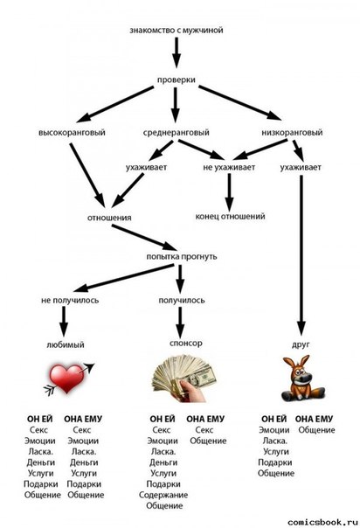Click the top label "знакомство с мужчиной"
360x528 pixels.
point(177,31)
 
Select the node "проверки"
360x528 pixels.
point(177,80)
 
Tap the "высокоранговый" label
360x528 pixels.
point(72,132)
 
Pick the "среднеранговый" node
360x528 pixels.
point(176,132)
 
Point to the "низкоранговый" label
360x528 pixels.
point(292,132)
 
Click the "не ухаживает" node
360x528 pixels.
point(229,167)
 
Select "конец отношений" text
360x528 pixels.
point(230,216)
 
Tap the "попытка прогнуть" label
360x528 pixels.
point(182,257)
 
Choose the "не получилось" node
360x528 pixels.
point(70,300)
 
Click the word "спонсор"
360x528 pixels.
point(186,344)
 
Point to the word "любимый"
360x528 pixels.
point(66,344)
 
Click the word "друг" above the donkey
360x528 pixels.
point(301,344)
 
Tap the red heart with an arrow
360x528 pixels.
point(69,379)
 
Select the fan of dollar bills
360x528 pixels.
point(184,378)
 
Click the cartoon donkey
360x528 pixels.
point(301,379)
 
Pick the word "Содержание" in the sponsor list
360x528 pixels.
point(163,495)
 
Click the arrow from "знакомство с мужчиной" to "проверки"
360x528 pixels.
point(177,52)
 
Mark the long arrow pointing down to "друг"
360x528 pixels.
point(301,255)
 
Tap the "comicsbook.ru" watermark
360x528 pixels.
point(322,522)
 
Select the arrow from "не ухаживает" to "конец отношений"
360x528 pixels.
point(229,192)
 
